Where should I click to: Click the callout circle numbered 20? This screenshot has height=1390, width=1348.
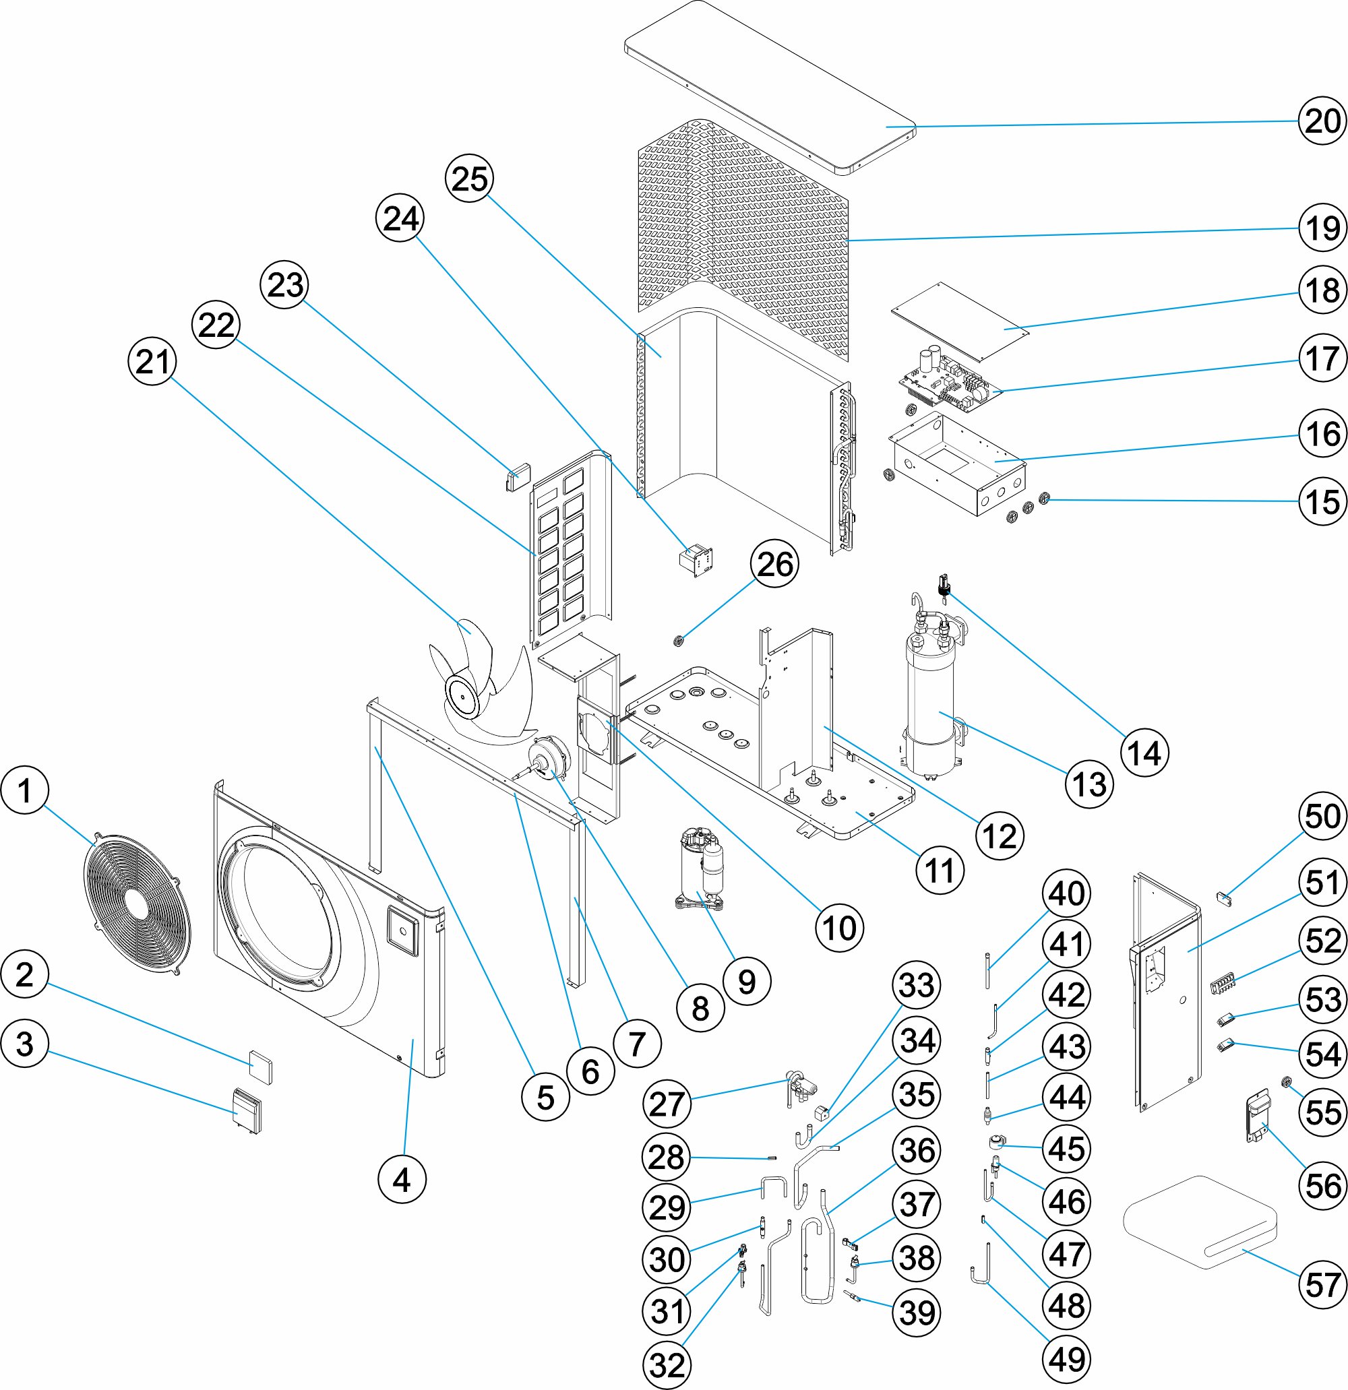tap(1322, 121)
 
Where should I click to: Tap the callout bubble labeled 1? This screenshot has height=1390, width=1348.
tap(25, 790)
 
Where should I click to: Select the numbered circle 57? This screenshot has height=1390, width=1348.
tap(1322, 1284)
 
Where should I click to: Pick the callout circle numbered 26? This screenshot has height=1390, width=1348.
tap(774, 565)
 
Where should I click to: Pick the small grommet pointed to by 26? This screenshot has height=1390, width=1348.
tap(679, 641)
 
